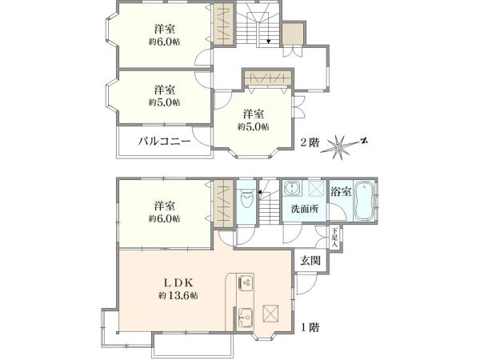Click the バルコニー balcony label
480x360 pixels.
tap(164, 142)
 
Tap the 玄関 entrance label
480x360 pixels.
tap(310, 261)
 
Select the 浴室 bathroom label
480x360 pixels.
tap(341, 192)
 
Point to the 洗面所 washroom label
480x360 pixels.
tap(304, 209)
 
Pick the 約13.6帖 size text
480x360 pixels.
tap(178, 295)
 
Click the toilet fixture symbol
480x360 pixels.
tap(246, 198)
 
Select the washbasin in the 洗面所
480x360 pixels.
tap(292, 188)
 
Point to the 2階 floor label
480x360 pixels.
tap(310, 142)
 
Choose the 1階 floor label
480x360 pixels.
tap(310, 327)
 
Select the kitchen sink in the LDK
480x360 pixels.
tap(246, 318)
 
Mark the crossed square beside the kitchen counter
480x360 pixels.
tap(271, 314)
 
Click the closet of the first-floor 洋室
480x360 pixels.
tap(223, 203)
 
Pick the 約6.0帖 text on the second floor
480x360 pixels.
tap(164, 42)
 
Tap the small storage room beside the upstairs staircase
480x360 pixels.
tap(293, 34)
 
